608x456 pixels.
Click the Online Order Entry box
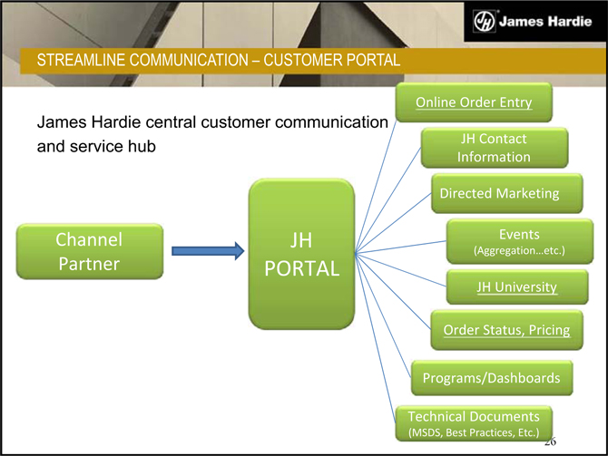tap(473, 102)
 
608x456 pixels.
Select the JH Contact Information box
tap(494, 148)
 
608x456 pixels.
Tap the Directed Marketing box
tap(498, 193)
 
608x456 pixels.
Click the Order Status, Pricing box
tap(506, 331)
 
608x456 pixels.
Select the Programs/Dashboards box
tap(492, 377)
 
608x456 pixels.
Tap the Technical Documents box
tap(474, 424)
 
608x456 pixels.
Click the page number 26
tap(549, 441)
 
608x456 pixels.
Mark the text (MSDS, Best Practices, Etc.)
tap(474, 433)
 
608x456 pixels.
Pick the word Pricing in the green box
tap(544, 331)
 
